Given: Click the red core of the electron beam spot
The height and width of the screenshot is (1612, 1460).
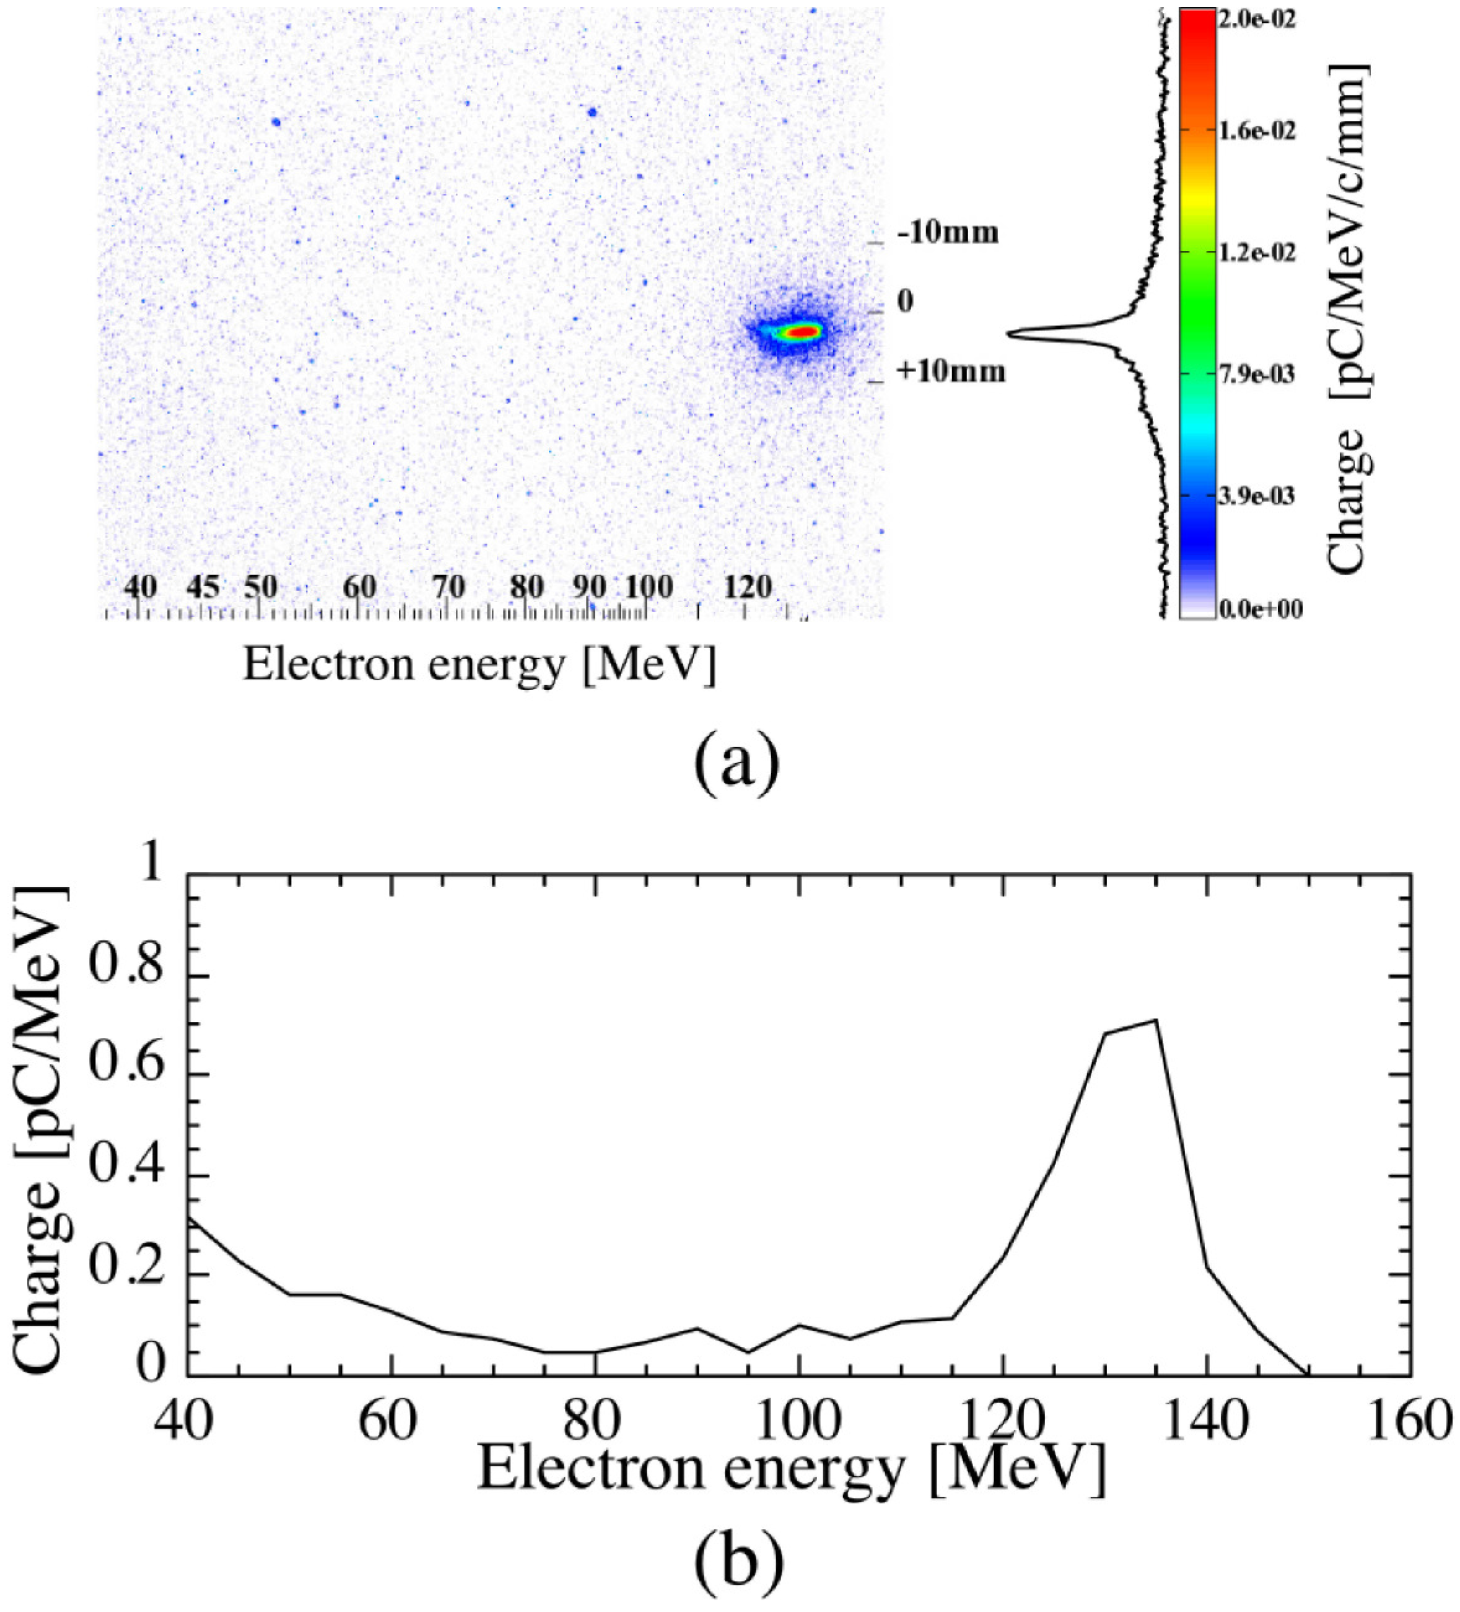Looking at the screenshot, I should (x=803, y=331).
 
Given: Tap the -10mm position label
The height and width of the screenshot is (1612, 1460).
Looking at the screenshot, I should (x=948, y=234).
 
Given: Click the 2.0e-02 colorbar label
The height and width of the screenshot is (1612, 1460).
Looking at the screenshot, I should (x=1256, y=19).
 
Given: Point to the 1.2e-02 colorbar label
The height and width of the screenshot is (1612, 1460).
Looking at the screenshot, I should (x=1256, y=253).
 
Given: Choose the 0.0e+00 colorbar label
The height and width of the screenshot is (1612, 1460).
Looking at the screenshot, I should (x=1259, y=610).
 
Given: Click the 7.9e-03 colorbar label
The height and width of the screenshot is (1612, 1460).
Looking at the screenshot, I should (x=1256, y=374).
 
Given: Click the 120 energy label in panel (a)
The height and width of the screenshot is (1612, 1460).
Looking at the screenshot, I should (x=748, y=588).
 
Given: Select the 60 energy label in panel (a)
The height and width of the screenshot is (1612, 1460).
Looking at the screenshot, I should (x=359, y=588).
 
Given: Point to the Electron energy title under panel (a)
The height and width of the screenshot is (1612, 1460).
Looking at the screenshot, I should (x=479, y=663).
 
